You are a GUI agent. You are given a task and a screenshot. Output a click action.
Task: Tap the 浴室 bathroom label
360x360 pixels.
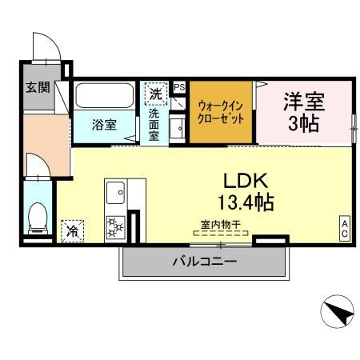pos(103,125)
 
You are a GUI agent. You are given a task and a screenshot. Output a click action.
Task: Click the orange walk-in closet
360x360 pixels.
pos(221,113)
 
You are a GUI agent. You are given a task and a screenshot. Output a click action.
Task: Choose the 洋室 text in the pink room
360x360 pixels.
pos(303,102)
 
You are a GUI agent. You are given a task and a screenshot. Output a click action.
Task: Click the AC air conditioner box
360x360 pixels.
pos(345,230)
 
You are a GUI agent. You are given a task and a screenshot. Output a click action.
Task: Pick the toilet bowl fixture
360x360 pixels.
pos(37,218)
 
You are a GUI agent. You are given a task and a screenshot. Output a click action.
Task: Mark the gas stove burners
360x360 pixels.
pos(115,226)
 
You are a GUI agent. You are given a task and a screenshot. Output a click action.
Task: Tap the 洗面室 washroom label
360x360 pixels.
pos(154,125)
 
